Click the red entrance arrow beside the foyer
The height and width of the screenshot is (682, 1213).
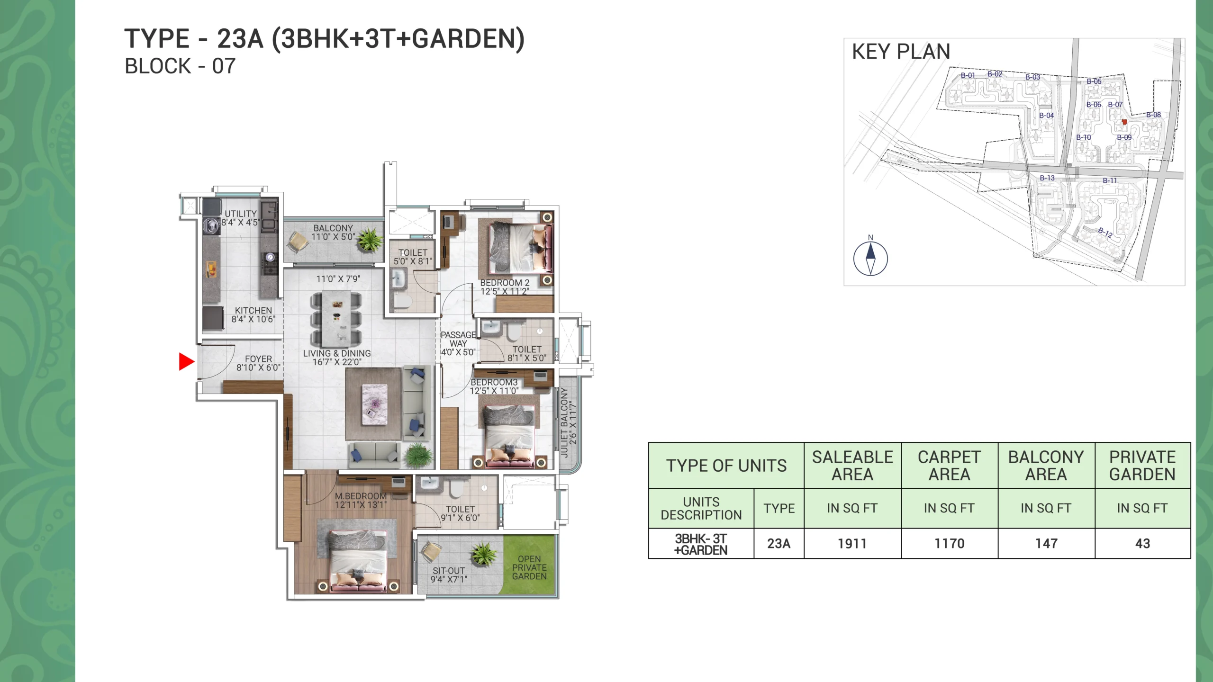coord(186,362)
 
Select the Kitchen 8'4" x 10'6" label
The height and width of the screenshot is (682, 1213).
coord(253,315)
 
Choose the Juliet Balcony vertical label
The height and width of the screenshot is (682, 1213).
coord(568,422)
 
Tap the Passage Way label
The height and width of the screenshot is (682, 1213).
coord(458,343)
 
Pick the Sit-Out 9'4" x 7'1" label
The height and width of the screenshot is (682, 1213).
coord(449,575)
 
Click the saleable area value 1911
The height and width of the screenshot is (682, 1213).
coord(852,544)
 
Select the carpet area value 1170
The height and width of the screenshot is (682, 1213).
coord(949,544)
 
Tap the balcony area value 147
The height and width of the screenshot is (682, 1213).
coord(1046,544)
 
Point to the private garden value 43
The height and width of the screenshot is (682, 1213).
coord(1142,544)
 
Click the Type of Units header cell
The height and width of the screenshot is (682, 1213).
coord(726,466)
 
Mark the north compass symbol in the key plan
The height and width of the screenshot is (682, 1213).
coord(870,258)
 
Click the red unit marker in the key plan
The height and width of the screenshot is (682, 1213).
coord(1124,122)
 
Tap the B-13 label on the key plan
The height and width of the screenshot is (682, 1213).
coord(1047,178)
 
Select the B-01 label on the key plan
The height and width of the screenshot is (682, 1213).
coord(968,75)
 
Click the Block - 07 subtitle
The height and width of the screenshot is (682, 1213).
coord(180,66)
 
